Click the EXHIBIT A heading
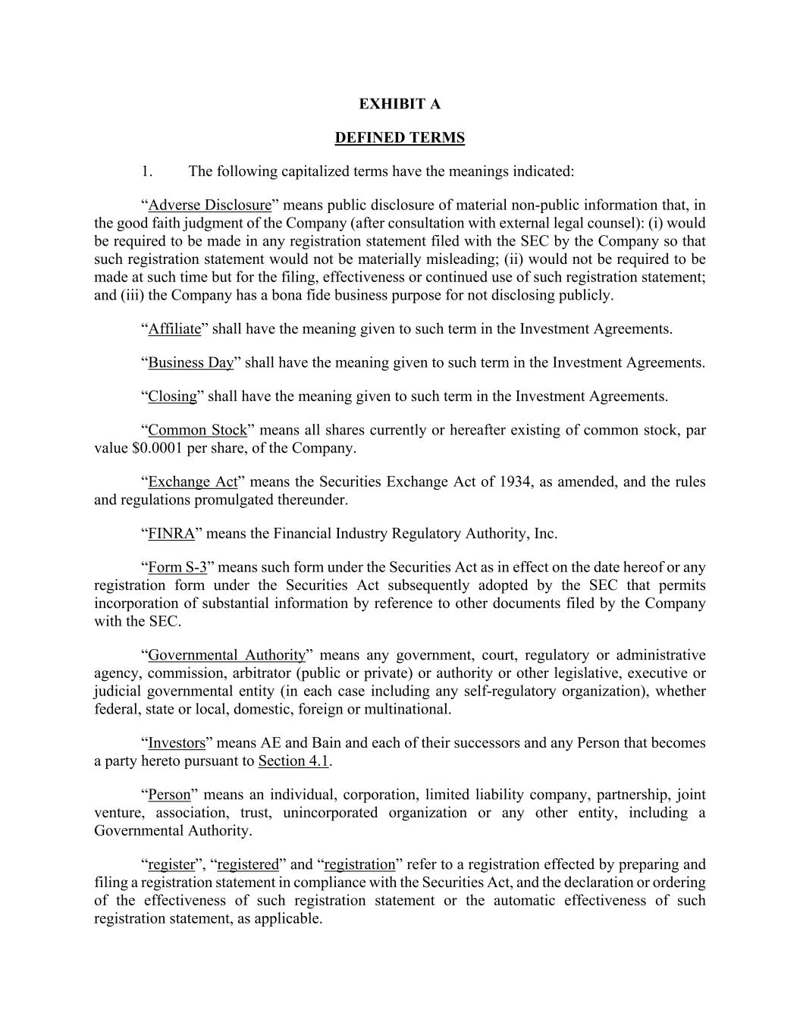click(400, 104)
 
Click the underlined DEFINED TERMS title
click(400, 137)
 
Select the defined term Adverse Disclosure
click(209, 205)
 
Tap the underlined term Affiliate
click(174, 329)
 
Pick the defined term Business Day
click(191, 362)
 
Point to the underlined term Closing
click(172, 396)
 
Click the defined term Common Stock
click(197, 430)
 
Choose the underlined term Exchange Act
click(193, 481)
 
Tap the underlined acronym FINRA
click(171, 533)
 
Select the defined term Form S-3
click(177, 567)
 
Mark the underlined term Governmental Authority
click(226, 655)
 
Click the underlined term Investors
click(177, 743)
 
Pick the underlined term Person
click(169, 795)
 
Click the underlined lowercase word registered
click(248, 864)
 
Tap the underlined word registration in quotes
click(359, 864)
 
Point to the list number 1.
click(147, 171)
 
